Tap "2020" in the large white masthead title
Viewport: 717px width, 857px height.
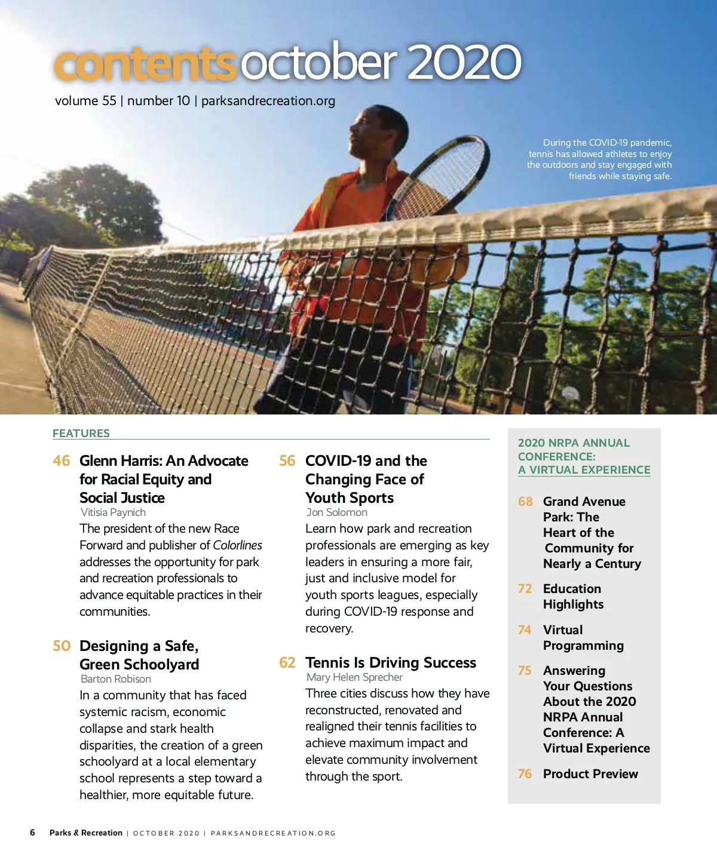click(x=464, y=62)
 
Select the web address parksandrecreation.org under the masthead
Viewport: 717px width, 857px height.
click(x=268, y=101)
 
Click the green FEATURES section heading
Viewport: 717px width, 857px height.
click(x=81, y=434)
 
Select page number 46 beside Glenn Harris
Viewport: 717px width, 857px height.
click(x=61, y=461)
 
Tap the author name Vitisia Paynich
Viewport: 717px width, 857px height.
click(x=114, y=512)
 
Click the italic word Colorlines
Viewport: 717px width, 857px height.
click(x=237, y=545)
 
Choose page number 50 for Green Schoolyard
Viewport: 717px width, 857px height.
click(x=62, y=646)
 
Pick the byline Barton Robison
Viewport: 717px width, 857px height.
click(x=116, y=679)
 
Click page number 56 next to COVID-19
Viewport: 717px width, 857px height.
click(x=287, y=461)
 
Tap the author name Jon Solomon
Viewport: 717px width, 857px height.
click(x=337, y=512)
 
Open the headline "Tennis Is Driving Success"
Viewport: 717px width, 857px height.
click(x=391, y=663)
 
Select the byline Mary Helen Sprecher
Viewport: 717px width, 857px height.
click(x=355, y=677)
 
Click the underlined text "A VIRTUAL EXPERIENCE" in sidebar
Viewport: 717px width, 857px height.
click(x=584, y=470)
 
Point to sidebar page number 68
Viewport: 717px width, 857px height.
click(x=525, y=502)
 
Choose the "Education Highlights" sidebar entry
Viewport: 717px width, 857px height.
click(x=573, y=597)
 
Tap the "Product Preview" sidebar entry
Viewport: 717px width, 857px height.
click(x=590, y=774)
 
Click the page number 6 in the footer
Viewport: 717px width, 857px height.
click(x=32, y=833)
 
